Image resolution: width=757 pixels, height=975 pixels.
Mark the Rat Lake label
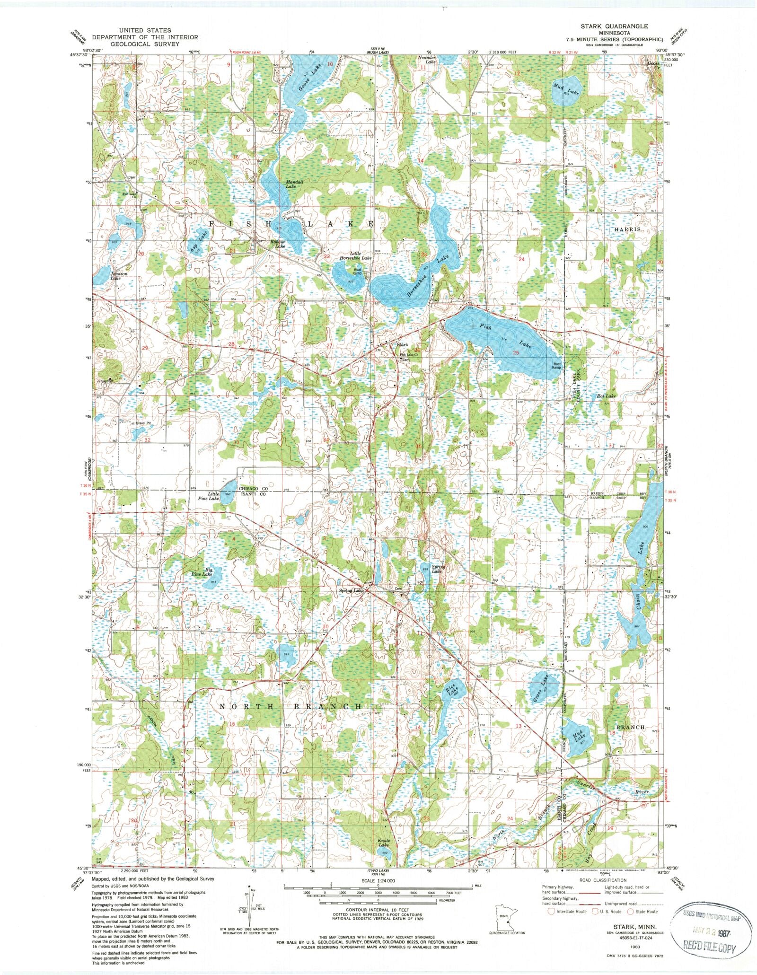606,395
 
